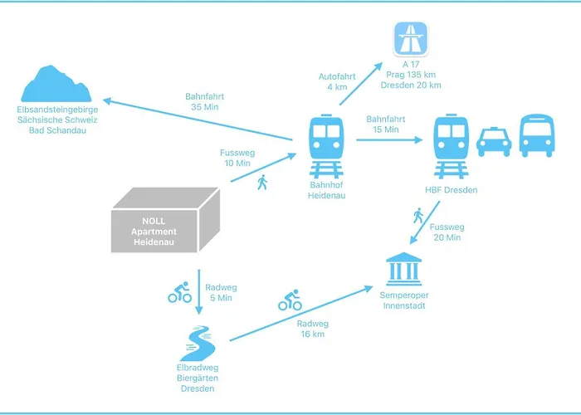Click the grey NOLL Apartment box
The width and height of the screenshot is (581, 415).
coord(166,220)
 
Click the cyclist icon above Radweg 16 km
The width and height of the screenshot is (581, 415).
coord(290,300)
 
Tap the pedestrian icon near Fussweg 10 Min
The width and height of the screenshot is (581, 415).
coord(263,182)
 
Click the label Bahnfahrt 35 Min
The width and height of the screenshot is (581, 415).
coord(205,101)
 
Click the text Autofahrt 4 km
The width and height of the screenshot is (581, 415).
coord(337,81)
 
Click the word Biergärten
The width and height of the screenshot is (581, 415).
coord(198,378)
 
